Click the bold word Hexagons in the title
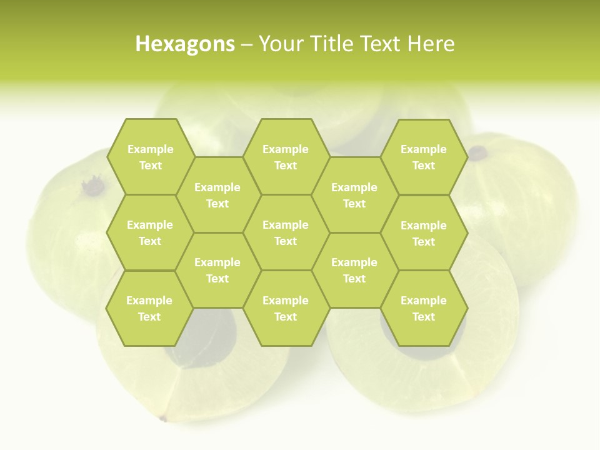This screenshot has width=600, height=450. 185,44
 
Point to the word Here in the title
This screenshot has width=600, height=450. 431,44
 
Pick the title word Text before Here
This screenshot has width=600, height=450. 381,44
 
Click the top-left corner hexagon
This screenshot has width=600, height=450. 150,157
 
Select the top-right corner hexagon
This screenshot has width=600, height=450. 424,157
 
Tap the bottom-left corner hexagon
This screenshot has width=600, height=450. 149,308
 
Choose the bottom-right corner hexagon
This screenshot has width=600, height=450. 424,308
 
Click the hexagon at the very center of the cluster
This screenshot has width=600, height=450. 286,232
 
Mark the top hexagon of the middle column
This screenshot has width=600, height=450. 286,157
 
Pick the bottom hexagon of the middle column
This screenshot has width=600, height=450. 286,308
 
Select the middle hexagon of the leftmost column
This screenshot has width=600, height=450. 150,232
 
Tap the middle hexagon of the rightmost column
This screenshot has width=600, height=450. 424,233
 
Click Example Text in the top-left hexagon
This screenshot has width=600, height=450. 150,157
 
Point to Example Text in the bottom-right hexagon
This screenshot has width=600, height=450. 424,308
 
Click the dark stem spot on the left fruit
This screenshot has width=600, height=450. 93,185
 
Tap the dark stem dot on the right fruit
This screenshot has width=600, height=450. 478,152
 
